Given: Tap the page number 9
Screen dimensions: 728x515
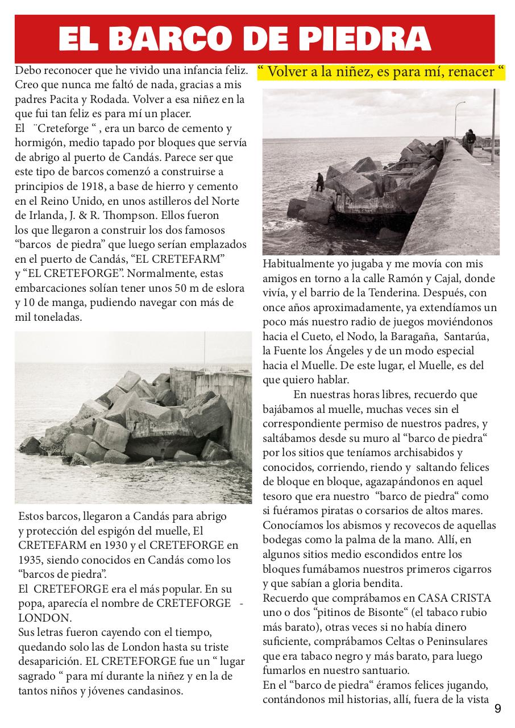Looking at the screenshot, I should point(498,708).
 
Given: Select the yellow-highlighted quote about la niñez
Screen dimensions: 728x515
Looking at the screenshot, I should point(381,72).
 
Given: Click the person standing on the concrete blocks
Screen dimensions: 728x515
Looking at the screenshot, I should point(320,181).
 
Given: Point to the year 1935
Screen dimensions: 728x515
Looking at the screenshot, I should point(30,560).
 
